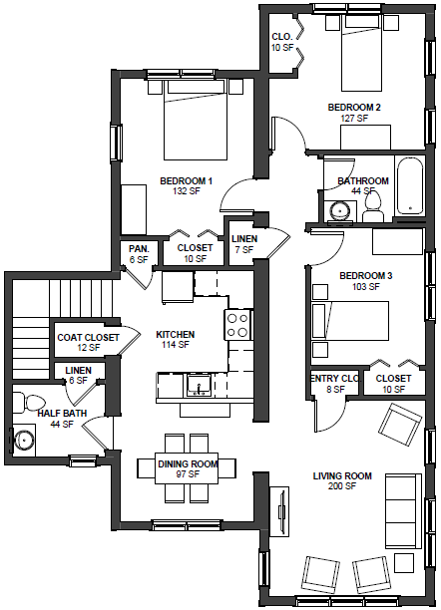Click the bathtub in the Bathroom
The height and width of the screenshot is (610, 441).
409,186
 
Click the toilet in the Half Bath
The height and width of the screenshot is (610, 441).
19,402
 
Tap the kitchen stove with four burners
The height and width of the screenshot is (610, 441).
237,324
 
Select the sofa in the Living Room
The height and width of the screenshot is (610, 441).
401,498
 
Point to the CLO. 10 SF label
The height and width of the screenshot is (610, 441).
282,41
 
